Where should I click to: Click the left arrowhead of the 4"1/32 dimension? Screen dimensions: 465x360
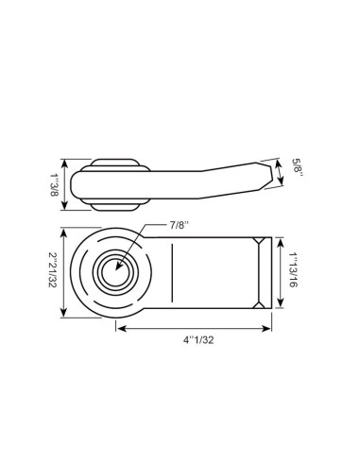pos(120,328)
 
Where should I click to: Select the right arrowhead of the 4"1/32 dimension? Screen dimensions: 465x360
pos(268,328)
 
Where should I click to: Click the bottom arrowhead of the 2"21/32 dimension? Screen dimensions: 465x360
pos(63,315)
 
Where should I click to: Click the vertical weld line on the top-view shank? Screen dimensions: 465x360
pos(172,272)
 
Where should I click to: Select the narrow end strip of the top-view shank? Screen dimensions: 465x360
pos(266,272)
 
